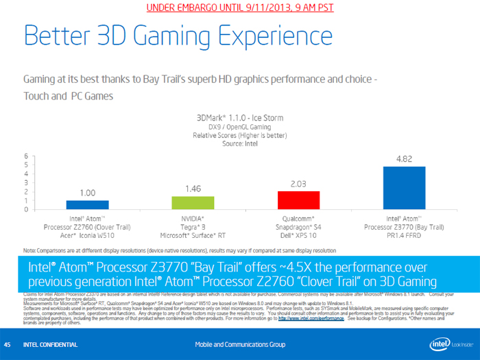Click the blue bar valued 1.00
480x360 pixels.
click(87, 204)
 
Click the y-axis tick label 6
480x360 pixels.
click(26, 156)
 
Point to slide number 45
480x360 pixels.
click(8, 344)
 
